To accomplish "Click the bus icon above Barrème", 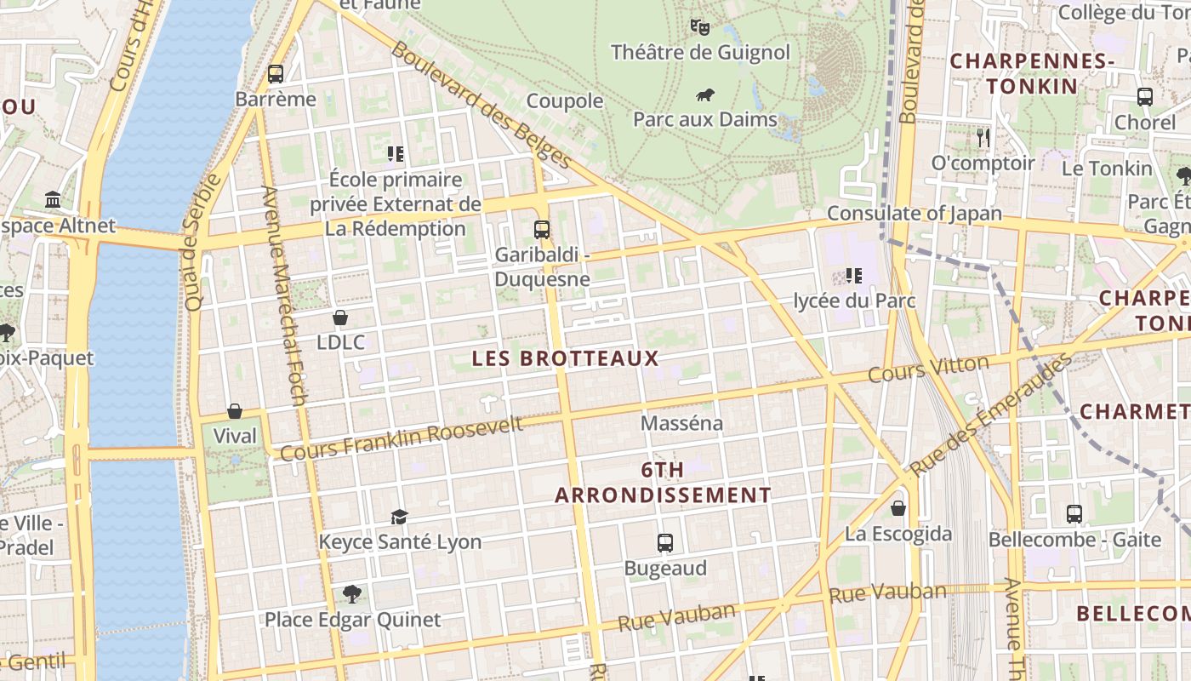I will pos(275,74).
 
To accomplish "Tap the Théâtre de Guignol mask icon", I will pos(700,27).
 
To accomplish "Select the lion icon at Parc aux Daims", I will pos(704,94).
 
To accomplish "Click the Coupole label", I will pos(565,101).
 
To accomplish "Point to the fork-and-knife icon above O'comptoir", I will pos(983,137).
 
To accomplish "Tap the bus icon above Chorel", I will pos(1145,97).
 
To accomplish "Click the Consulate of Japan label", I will pos(915,213).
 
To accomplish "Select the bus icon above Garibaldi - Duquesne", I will pos(542,229).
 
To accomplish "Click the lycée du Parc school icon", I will pos(854,276).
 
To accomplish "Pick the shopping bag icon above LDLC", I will pos(340,318).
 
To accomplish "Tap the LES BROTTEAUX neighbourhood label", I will pos(566,358).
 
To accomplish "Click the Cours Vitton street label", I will pos(928,369).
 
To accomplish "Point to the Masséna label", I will pos(681,423).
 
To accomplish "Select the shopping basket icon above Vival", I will pos(235,411).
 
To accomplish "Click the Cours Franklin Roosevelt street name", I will pos(402,438).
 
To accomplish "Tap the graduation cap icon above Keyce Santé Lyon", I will pos(399,517).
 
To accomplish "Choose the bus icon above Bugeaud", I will pos(665,543).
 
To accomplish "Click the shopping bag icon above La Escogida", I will pos(898,509).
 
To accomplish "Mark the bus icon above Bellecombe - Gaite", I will pos(1074,514).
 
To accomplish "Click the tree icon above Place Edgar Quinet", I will pos(352,593).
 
